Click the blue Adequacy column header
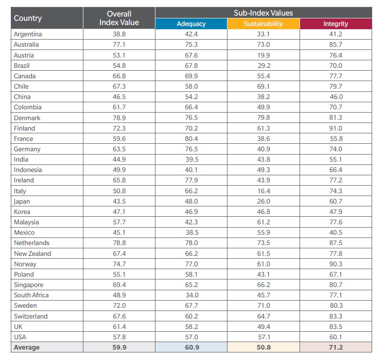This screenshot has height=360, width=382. (x=191, y=24)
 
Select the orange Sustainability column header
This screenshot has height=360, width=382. (x=263, y=24)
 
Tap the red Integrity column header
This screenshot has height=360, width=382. (x=335, y=24)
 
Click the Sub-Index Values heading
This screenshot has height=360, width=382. (x=263, y=13)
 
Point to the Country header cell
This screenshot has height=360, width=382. (x=28, y=18)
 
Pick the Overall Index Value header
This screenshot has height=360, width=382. (x=119, y=18)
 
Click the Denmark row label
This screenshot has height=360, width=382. (x=27, y=118)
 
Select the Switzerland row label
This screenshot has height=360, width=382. (x=31, y=316)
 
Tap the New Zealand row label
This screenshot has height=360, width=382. (x=32, y=254)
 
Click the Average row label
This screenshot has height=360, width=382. (x=27, y=347)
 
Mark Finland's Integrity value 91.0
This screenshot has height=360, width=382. (x=335, y=128)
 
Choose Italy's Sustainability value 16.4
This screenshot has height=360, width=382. (x=263, y=191)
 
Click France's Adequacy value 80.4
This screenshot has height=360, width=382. (x=191, y=139)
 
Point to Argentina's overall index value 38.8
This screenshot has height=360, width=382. (x=119, y=34)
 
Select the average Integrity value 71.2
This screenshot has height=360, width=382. (x=335, y=347)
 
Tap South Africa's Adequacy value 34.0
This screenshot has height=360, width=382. (x=191, y=295)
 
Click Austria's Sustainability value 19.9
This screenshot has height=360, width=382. (x=263, y=55)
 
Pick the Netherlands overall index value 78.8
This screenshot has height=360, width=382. (x=119, y=243)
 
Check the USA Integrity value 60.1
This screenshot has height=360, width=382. (x=335, y=337)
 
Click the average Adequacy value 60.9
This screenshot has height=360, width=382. (x=191, y=347)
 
